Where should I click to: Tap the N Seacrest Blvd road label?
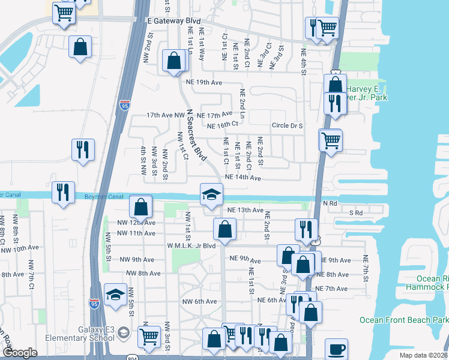(196, 135)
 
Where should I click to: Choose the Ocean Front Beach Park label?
(404, 320)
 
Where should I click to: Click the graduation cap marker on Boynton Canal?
(211, 194)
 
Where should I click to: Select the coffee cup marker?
(336, 349)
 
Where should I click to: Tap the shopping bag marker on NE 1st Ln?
(173, 61)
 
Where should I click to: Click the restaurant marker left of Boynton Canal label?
(63, 193)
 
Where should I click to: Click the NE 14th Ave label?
(243, 178)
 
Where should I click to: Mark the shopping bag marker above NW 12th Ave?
(140, 208)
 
